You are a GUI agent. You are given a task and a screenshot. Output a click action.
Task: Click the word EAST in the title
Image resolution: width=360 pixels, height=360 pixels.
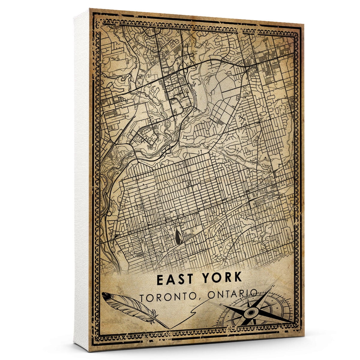point(174,278)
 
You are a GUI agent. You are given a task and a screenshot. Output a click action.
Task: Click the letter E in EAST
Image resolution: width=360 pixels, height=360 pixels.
point(160,278)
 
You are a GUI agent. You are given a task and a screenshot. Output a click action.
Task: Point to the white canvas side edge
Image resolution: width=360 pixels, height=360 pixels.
point(82,180)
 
